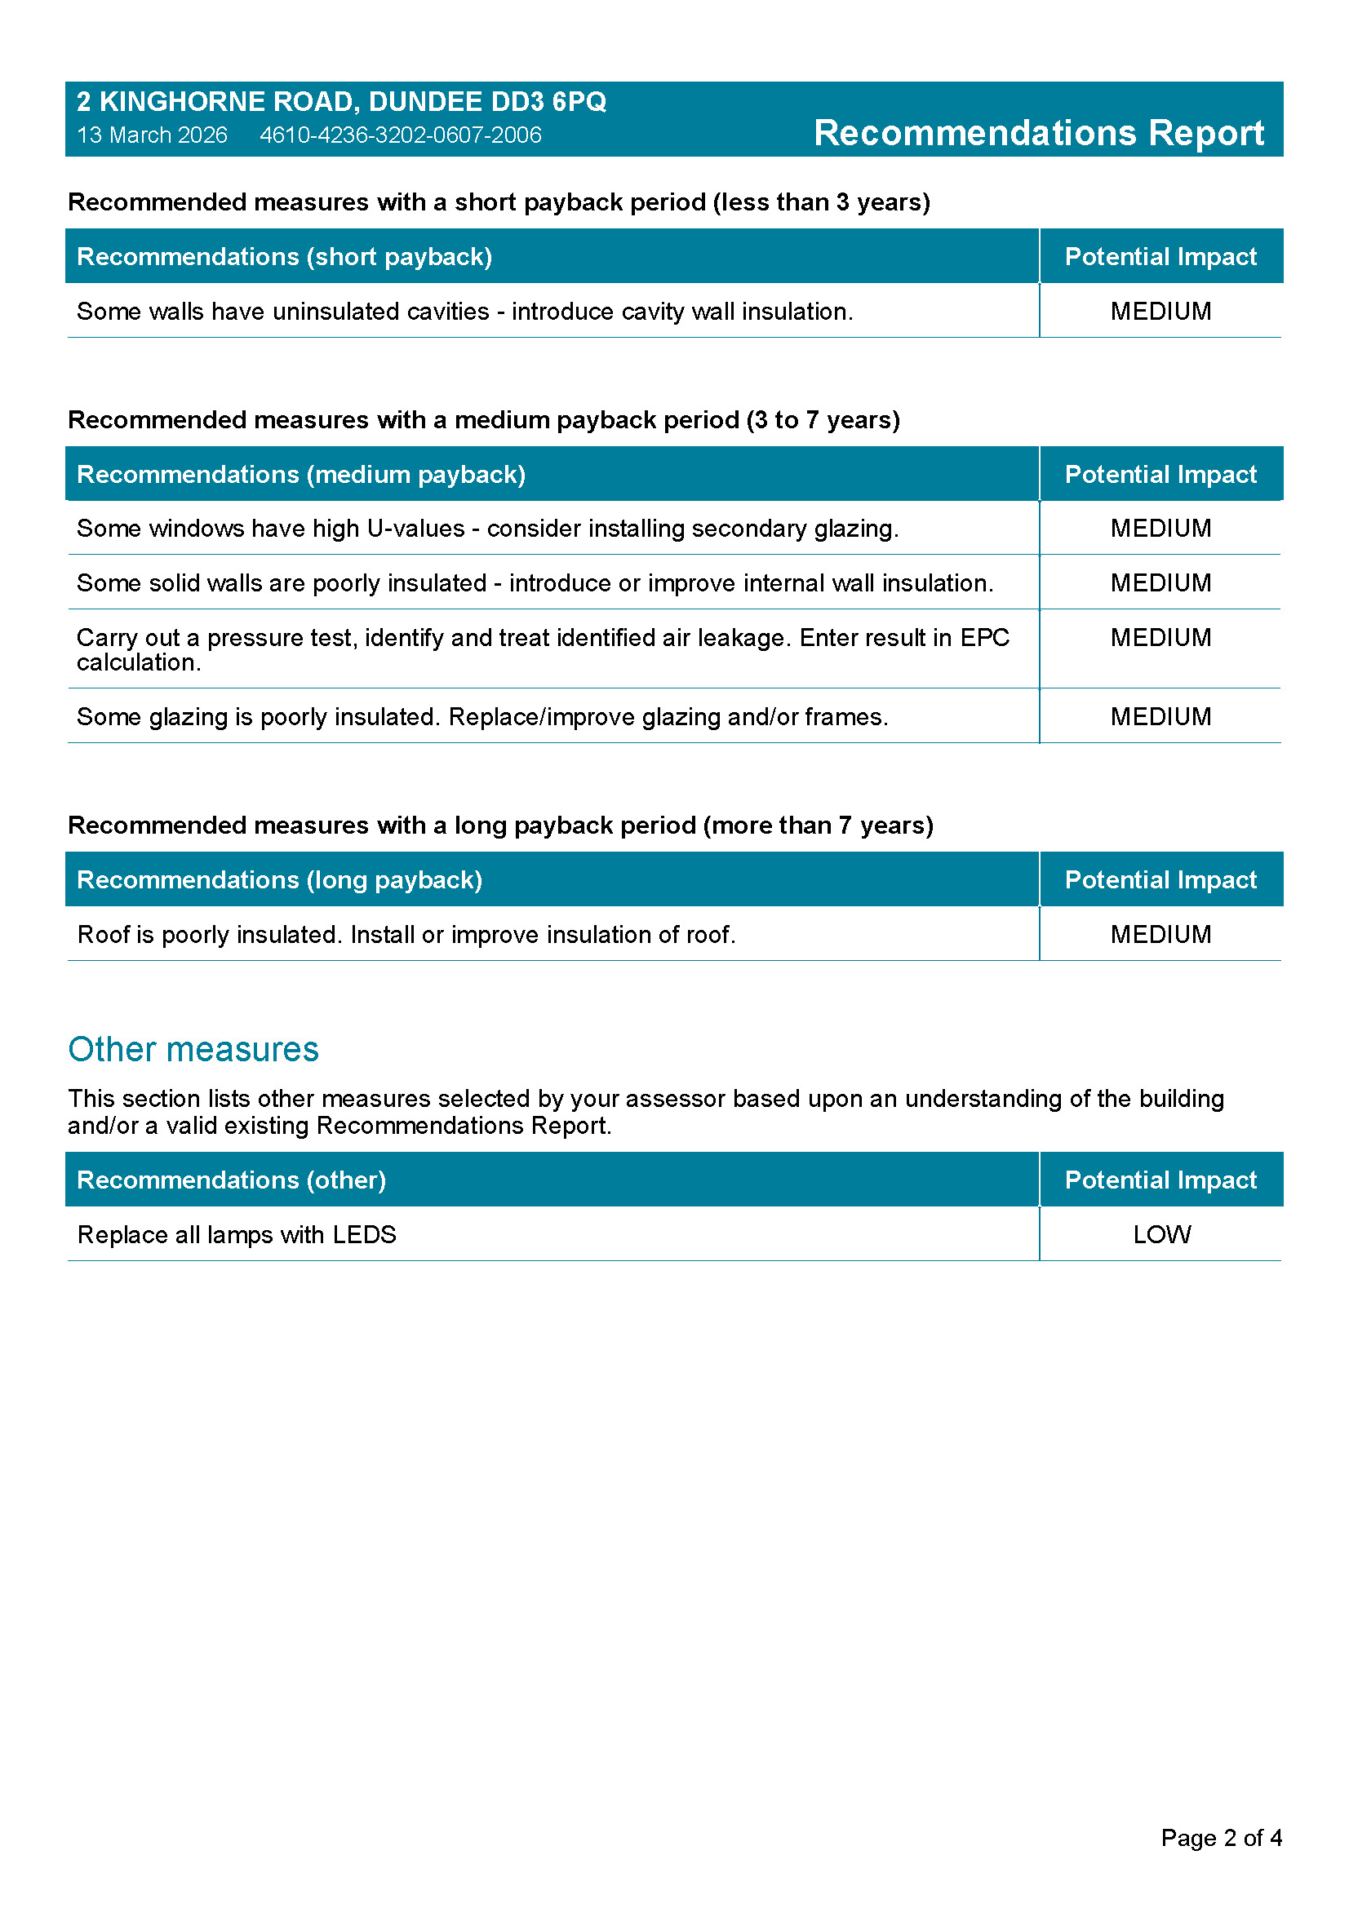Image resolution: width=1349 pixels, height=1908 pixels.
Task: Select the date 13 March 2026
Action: (x=152, y=135)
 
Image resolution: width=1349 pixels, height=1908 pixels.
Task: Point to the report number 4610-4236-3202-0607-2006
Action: (x=401, y=135)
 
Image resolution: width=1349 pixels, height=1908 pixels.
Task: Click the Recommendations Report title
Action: (x=1038, y=133)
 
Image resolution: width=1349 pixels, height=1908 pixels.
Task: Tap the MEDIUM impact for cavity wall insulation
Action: (x=1160, y=312)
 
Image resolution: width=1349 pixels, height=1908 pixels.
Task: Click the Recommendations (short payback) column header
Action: (x=284, y=257)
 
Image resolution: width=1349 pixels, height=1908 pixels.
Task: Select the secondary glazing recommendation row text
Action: (x=487, y=529)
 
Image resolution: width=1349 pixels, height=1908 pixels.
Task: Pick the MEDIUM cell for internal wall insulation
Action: (x=1160, y=583)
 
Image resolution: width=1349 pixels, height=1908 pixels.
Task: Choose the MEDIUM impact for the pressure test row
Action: (x=1160, y=638)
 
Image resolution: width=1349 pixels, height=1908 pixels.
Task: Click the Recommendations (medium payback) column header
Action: (x=301, y=475)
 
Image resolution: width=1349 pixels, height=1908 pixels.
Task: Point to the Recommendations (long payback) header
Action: (x=279, y=880)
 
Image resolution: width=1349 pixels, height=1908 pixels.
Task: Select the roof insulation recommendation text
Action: (x=406, y=935)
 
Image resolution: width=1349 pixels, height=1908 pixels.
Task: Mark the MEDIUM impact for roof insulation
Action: (x=1160, y=935)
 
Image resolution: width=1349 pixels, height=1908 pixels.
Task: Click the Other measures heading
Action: (x=193, y=1050)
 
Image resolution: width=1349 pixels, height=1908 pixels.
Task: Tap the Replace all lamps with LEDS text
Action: (x=236, y=1235)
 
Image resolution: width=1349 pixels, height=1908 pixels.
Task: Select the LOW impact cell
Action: (x=1161, y=1235)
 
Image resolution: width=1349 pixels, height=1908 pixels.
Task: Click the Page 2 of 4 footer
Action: (x=1220, y=1838)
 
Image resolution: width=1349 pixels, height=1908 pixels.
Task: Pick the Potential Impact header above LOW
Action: (x=1160, y=1180)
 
